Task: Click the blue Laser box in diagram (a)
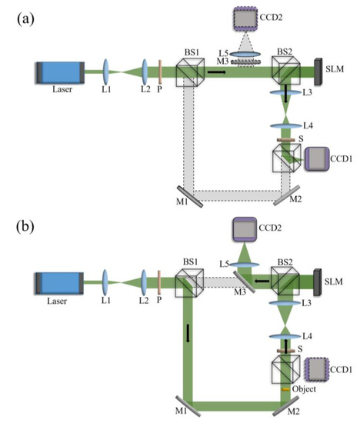coord(60,73)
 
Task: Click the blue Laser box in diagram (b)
coord(60,278)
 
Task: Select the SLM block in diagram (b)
coord(318,278)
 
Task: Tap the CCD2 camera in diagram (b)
coord(252,229)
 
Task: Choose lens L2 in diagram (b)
coord(144,277)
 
